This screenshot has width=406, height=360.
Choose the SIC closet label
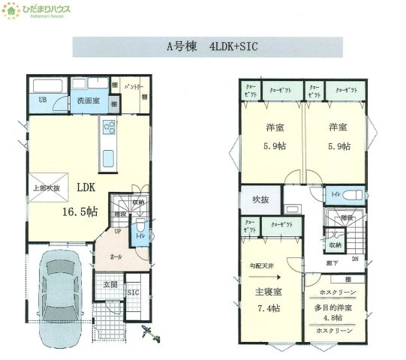click(134, 293)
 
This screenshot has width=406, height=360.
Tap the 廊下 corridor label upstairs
click(331, 263)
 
